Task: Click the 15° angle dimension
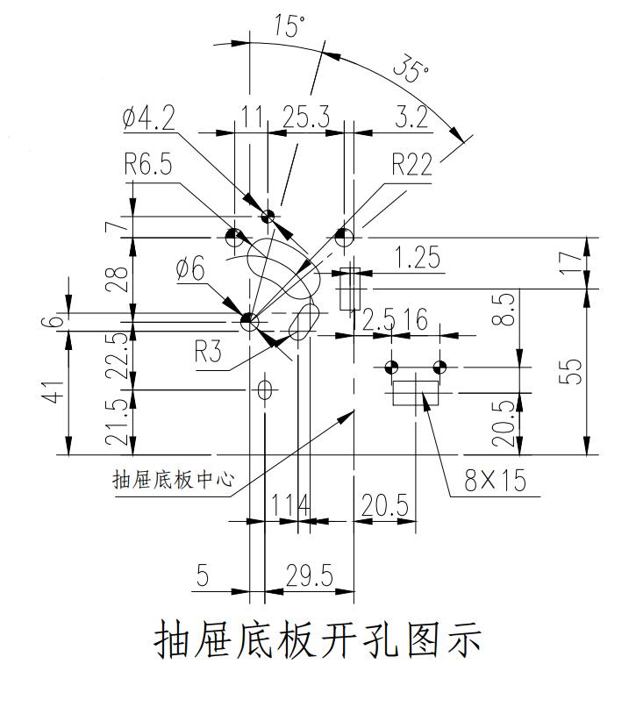(289, 27)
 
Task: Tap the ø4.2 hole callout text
(148, 118)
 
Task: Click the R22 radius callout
(411, 165)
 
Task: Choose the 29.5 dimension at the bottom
(310, 575)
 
